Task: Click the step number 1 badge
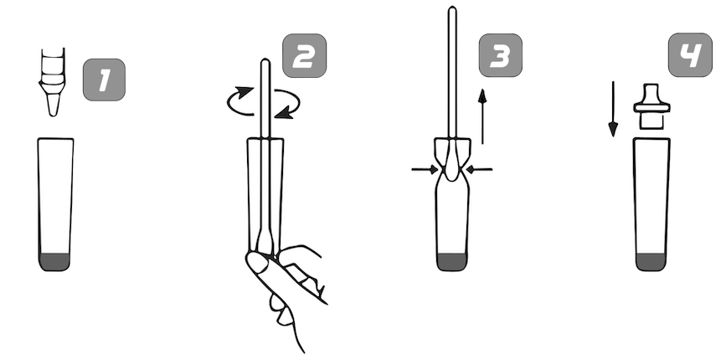(x=104, y=80)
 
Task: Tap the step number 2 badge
(x=305, y=55)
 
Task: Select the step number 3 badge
(x=500, y=55)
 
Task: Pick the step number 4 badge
(x=690, y=54)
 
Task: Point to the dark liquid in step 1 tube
(x=54, y=261)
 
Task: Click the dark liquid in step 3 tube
(x=451, y=261)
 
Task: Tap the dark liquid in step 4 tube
(x=651, y=261)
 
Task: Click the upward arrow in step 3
(x=482, y=116)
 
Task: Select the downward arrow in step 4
(x=613, y=109)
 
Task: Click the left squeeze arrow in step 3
(x=425, y=170)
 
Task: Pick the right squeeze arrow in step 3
(x=479, y=170)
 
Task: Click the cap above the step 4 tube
(x=651, y=106)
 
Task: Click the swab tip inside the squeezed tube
(x=452, y=164)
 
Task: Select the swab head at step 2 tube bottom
(x=265, y=241)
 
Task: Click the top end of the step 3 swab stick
(x=452, y=8)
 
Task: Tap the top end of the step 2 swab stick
(x=265, y=60)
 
